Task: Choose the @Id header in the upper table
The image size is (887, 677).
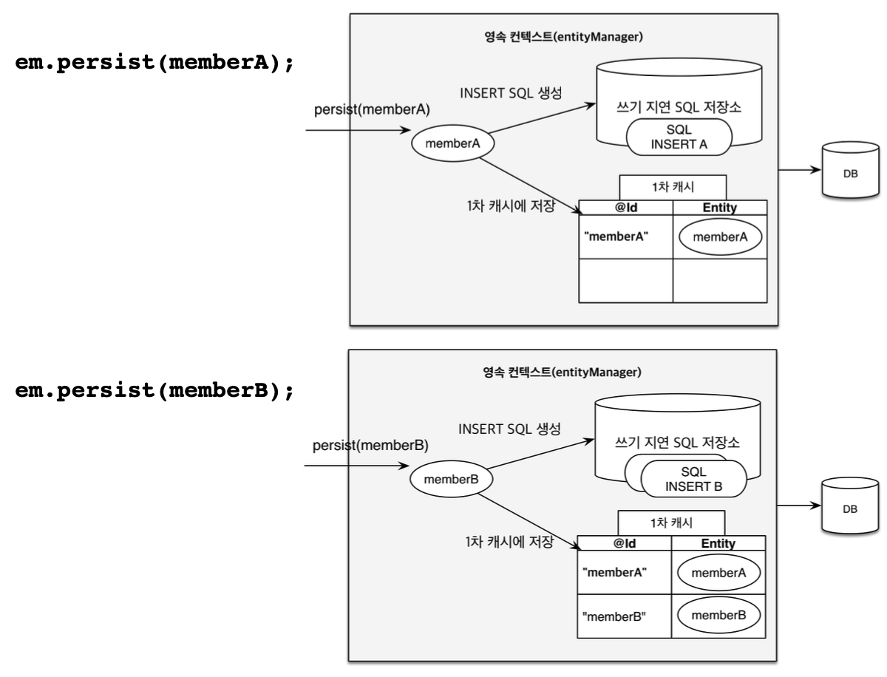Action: click(x=625, y=208)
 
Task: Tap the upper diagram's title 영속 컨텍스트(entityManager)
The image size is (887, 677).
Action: click(x=563, y=38)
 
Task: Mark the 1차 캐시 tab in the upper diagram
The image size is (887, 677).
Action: click(x=672, y=187)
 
